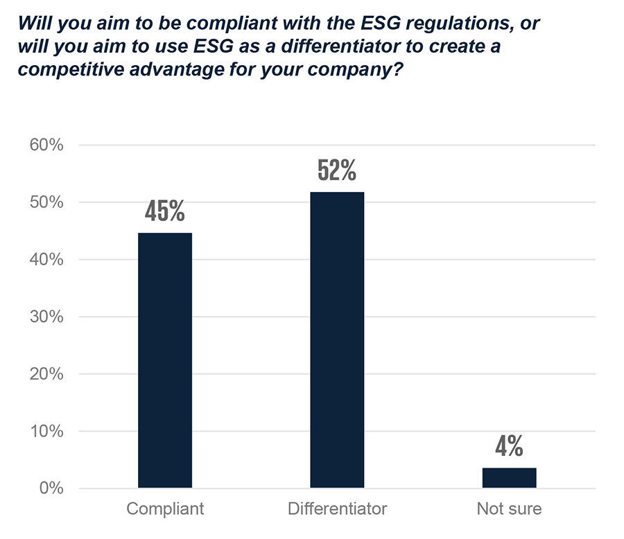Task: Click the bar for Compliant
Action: pyautogui.click(x=165, y=360)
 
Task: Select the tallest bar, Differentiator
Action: pyautogui.click(x=337, y=339)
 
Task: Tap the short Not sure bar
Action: pyautogui.click(x=509, y=478)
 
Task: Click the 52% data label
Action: pyautogui.click(x=337, y=170)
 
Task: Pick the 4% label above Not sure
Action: pyautogui.click(x=509, y=447)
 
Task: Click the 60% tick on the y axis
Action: pyautogui.click(x=45, y=145)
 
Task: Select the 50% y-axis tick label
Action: pyautogui.click(x=45, y=203)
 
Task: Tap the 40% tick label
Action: pyautogui.click(x=45, y=260)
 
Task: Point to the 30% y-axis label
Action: pyautogui.click(x=45, y=317)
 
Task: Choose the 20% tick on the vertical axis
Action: pyautogui.click(x=45, y=374)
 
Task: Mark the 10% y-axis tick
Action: pyautogui.click(x=45, y=432)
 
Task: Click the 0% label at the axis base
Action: pyautogui.click(x=50, y=488)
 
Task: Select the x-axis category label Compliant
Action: pyautogui.click(x=165, y=509)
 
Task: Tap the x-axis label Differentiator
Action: pyautogui.click(x=337, y=509)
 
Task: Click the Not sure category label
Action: pyautogui.click(x=509, y=509)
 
